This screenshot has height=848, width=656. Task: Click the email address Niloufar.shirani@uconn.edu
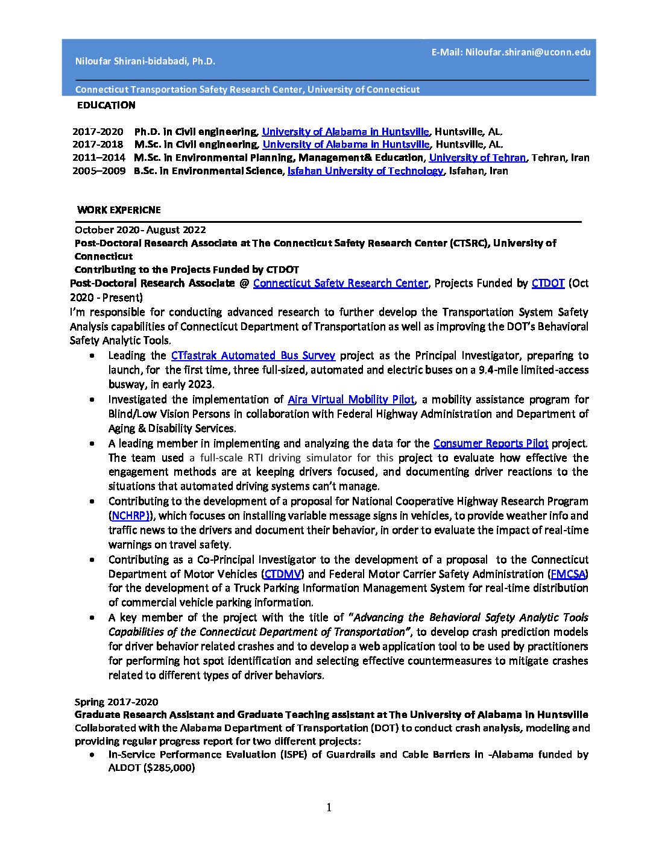(x=528, y=52)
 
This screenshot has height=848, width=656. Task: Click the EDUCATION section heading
(x=106, y=105)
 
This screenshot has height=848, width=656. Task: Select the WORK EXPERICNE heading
(x=119, y=210)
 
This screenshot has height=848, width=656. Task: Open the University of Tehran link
(x=477, y=158)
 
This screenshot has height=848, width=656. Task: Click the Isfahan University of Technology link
(x=365, y=171)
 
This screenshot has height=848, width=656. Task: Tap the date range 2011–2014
(x=99, y=158)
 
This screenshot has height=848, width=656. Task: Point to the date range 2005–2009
(x=99, y=171)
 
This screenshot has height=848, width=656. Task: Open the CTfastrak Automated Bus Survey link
(x=253, y=356)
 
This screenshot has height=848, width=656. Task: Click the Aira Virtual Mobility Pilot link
(x=351, y=399)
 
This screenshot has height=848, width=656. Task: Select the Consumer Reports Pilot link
(x=490, y=443)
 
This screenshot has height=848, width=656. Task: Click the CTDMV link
(x=283, y=574)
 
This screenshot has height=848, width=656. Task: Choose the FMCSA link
(x=568, y=574)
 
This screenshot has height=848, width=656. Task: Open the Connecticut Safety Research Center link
(x=340, y=283)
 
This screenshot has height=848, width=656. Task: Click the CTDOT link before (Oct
(x=547, y=283)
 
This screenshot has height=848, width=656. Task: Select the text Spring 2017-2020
(x=116, y=702)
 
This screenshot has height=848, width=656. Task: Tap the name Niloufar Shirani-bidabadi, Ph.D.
(x=145, y=61)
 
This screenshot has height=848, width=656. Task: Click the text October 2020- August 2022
(x=140, y=230)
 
